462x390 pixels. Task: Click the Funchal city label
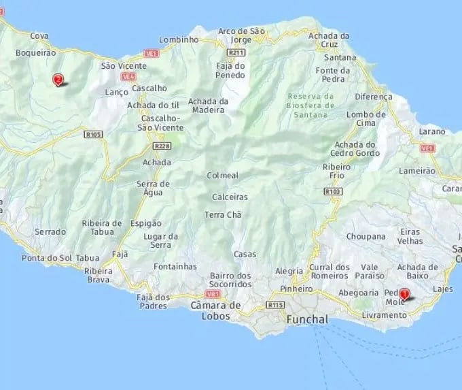point(307,319)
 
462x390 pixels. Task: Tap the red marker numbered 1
point(405,295)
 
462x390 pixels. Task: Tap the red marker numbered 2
point(58,80)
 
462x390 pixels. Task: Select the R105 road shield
point(93,135)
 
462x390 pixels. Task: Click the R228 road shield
point(162,146)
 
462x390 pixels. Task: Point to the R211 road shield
point(236,52)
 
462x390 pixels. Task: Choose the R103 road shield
point(333,192)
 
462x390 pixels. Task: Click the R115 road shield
point(275,305)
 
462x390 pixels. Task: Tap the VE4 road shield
point(128,76)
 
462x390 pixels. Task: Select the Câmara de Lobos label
point(216,310)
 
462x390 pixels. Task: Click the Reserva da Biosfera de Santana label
point(311,105)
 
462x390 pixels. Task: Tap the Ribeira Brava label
point(99,275)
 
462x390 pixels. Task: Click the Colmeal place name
point(223,176)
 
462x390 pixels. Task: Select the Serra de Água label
point(153,189)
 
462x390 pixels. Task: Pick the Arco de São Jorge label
point(241,35)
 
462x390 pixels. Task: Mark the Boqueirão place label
point(35,52)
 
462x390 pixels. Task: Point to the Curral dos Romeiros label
point(330,272)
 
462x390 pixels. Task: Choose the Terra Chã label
point(223,215)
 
